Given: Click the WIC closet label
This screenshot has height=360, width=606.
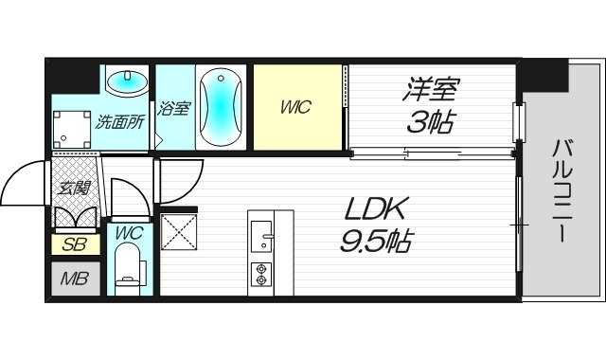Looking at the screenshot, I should (296, 107).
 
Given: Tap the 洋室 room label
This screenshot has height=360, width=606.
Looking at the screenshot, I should (432, 90).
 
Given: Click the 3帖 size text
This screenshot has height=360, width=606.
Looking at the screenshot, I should (432, 121).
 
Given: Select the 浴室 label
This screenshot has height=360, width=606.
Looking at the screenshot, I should (173, 108).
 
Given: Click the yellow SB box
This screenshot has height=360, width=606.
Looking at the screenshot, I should (73, 244).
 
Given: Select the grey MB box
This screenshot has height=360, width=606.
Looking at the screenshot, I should (73, 279).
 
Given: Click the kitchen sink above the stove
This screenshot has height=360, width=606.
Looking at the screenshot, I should (261, 231).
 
